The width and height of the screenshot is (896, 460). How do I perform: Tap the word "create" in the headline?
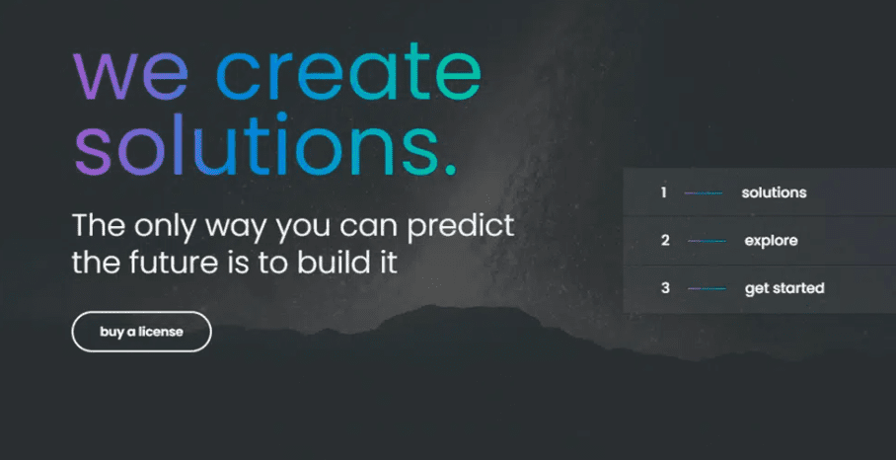click(348, 71)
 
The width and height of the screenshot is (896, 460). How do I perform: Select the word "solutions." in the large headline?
click(265, 144)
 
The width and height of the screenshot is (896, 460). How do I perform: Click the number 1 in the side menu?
click(663, 192)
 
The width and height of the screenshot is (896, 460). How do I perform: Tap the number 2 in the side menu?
click(665, 241)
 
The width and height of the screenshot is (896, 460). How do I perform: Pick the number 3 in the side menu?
click(665, 288)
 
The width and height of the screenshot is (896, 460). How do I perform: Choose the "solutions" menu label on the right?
click(774, 192)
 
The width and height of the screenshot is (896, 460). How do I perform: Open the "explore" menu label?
click(771, 241)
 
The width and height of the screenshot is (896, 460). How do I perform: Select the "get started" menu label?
click(784, 288)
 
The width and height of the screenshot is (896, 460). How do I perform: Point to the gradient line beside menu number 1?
click(704, 193)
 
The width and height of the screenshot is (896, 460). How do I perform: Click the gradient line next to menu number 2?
click(707, 241)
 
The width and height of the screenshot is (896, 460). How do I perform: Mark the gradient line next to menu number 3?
click(707, 288)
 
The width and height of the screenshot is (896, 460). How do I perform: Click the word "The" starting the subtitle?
click(99, 226)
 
